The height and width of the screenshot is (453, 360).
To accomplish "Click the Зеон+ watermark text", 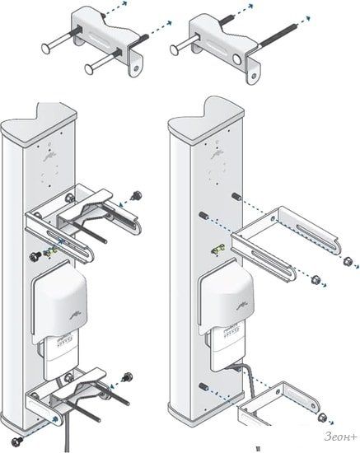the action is pyautogui.click(x=340, y=437).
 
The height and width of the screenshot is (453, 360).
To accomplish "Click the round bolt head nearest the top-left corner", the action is pyautogui.click(x=46, y=49).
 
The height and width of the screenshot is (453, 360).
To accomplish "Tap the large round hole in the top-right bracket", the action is pyautogui.click(x=237, y=60).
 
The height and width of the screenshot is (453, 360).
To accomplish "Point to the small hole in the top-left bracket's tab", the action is pyautogui.click(x=135, y=68).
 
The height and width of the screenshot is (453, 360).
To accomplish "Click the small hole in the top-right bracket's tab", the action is pyautogui.click(x=254, y=76).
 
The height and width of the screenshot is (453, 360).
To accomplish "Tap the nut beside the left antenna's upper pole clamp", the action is pyautogui.click(x=136, y=195).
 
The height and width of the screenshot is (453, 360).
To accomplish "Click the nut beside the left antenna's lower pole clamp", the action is pyautogui.click(x=128, y=376).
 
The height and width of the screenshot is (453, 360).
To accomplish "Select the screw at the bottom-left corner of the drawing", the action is pyautogui.click(x=16, y=441).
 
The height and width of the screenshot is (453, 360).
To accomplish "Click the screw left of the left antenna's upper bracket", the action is pyautogui.click(x=35, y=256).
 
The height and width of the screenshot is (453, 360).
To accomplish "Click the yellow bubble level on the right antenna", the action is pyautogui.click(x=217, y=249).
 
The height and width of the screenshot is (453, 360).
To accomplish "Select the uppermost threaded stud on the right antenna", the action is pyautogui.click(x=236, y=196).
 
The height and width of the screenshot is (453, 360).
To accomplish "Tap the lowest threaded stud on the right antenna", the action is pyautogui.click(x=203, y=386).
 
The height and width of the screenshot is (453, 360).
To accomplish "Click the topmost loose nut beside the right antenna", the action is pyautogui.click(x=347, y=262).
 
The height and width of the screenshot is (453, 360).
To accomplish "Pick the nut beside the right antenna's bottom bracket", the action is pyautogui.click(x=321, y=418).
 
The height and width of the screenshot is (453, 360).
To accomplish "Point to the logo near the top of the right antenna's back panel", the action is pyautogui.click(x=215, y=155).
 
